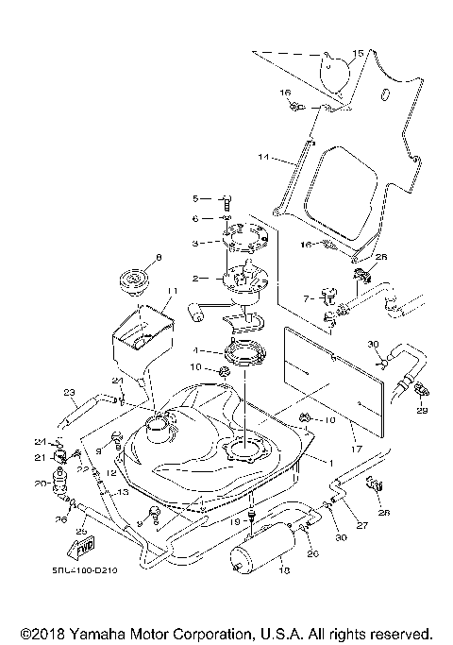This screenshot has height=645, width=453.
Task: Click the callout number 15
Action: click(x=358, y=54)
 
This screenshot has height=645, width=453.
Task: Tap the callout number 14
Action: click(x=264, y=155)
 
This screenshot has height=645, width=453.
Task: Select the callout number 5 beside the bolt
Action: click(x=195, y=199)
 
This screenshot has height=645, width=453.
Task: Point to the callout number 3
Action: click(x=195, y=243)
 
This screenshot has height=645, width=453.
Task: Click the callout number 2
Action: click(x=195, y=279)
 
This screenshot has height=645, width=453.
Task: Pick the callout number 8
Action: click(x=159, y=257)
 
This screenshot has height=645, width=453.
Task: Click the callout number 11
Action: click(x=172, y=290)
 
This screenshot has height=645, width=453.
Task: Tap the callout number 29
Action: click(x=421, y=410)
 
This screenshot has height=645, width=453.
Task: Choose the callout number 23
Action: click(x=68, y=393)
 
